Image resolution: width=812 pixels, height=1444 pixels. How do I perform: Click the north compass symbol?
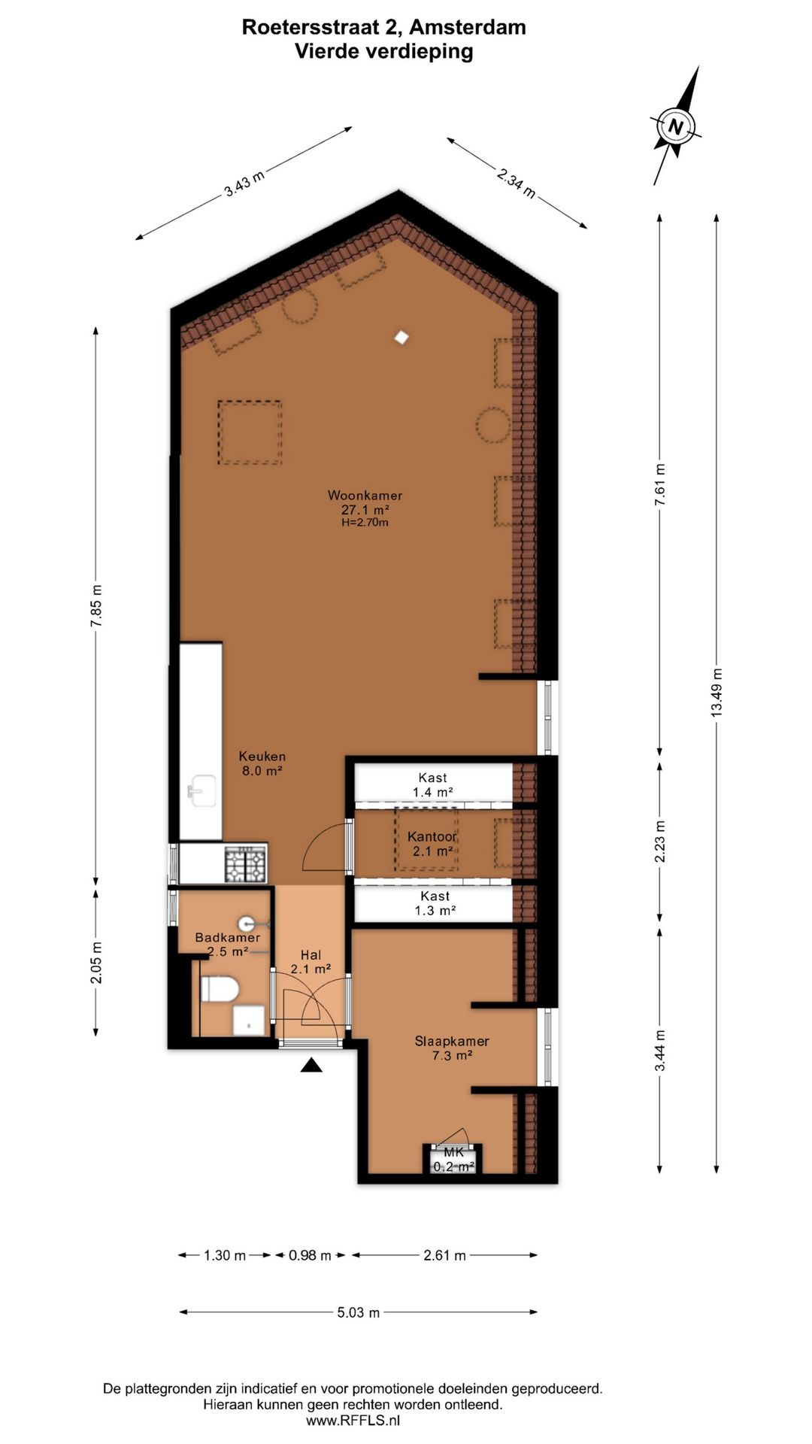click(x=675, y=126)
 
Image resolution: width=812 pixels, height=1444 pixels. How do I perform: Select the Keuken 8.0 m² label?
click(x=262, y=763)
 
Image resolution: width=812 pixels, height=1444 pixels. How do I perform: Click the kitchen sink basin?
click(x=201, y=790)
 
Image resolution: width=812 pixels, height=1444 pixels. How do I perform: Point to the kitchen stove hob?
click(x=246, y=863)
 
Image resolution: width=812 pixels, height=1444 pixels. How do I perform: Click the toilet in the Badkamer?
click(x=220, y=988)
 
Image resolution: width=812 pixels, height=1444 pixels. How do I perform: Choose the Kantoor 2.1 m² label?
click(x=432, y=844)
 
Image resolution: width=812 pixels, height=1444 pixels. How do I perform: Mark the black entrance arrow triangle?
click(x=311, y=1064)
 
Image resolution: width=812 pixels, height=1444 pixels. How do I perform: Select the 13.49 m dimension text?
click(x=717, y=692)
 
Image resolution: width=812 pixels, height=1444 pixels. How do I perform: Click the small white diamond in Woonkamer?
click(x=402, y=338)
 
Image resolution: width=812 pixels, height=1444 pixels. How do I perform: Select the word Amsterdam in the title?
click(x=468, y=27)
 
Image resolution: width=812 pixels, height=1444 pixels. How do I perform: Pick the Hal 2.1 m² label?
click(x=311, y=962)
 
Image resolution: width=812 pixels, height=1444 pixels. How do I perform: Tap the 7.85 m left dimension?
click(x=95, y=606)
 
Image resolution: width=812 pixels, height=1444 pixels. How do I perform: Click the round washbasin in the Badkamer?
click(x=247, y=923)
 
